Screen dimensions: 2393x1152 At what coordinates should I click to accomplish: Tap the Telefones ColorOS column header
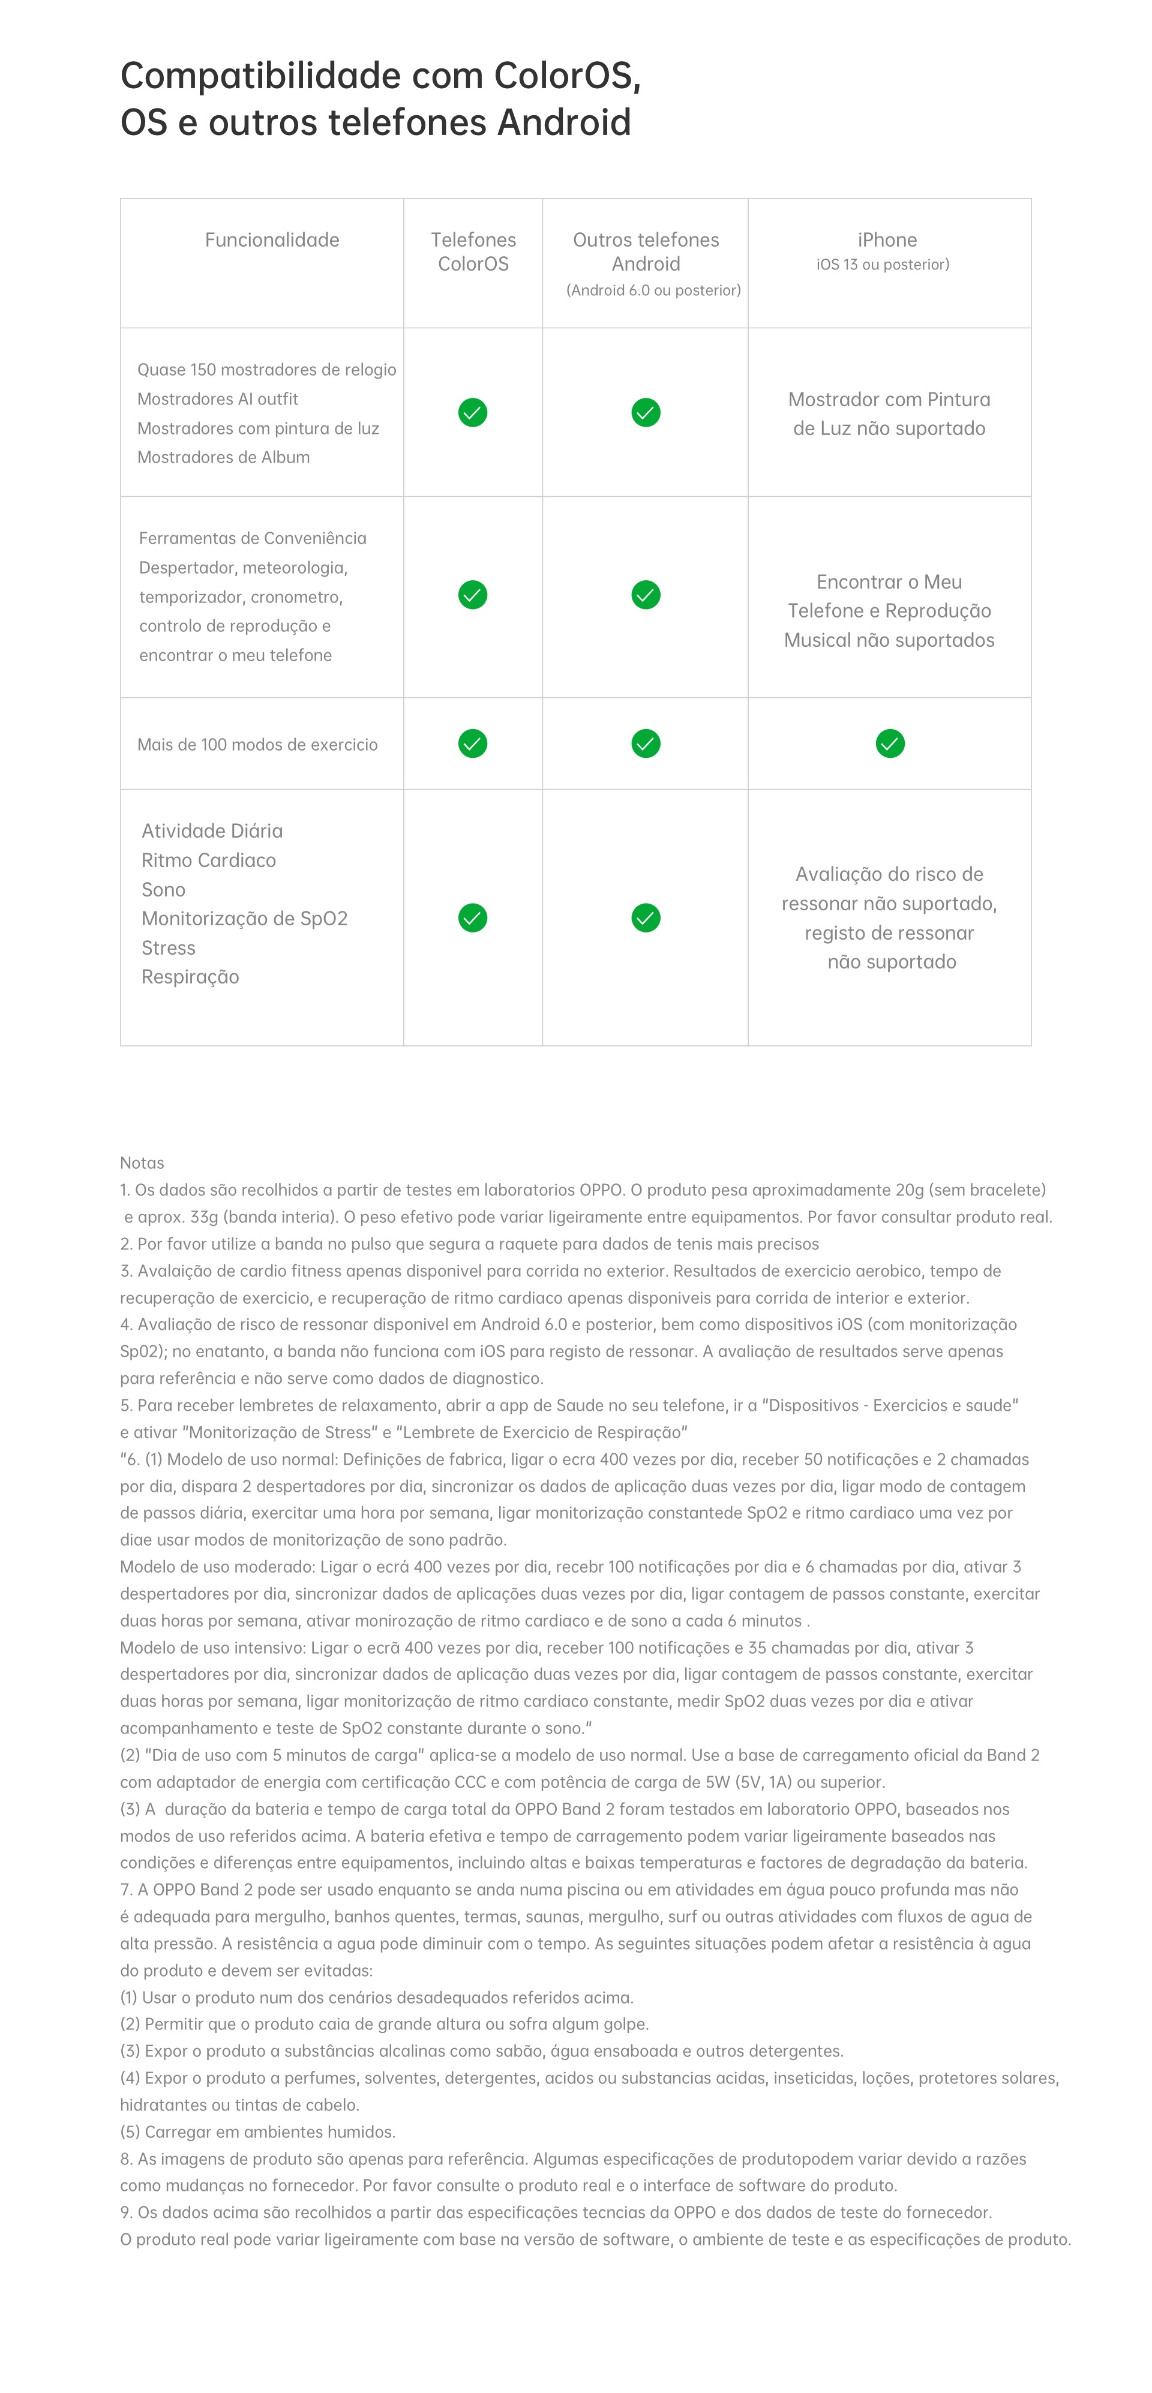(x=473, y=252)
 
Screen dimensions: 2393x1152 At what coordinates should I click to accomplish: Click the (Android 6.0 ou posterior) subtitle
(x=653, y=290)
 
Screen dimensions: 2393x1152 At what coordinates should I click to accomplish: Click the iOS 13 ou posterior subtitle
(x=883, y=265)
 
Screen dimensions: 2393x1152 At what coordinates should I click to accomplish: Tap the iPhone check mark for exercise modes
(x=890, y=743)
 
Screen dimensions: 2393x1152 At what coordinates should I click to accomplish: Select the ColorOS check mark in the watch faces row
(x=473, y=412)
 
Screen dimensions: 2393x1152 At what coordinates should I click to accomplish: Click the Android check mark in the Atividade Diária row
(x=646, y=918)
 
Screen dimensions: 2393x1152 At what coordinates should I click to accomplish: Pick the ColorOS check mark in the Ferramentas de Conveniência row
(x=473, y=595)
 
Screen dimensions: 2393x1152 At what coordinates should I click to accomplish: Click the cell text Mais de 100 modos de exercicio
(x=257, y=744)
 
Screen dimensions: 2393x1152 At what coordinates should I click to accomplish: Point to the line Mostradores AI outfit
(x=217, y=398)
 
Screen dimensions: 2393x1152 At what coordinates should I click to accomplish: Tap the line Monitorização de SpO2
(x=244, y=919)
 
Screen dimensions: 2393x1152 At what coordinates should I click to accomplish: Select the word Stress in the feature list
(x=168, y=947)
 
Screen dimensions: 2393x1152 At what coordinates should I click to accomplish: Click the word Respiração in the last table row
(x=190, y=976)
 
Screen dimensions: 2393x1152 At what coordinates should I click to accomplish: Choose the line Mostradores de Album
(x=223, y=457)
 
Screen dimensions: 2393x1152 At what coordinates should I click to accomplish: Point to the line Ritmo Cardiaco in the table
(x=208, y=860)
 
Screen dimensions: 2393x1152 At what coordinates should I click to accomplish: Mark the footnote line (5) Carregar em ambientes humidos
(x=257, y=2131)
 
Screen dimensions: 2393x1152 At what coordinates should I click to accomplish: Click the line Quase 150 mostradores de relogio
(x=266, y=370)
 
